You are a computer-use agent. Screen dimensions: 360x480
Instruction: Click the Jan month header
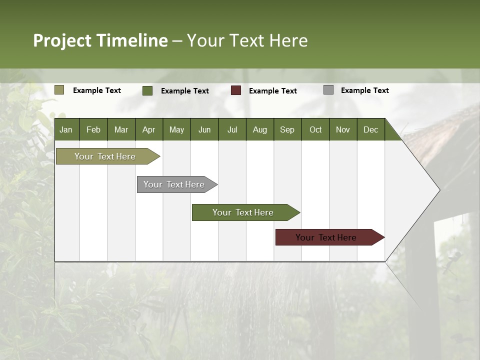coord(66,129)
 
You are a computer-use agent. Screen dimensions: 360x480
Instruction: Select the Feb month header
coord(93,129)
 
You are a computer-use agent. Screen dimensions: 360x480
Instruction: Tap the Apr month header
coord(148,129)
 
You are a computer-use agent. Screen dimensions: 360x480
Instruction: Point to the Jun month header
coord(204,129)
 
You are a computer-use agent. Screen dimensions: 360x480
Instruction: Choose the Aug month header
coord(259,129)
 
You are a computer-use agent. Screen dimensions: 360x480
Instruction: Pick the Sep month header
coord(287,129)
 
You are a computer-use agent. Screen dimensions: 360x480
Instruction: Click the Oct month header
coord(315,129)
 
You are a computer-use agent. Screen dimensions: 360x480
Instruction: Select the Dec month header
coord(370,129)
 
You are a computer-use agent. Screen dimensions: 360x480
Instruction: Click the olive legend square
coord(59,90)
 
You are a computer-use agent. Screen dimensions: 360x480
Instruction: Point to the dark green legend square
coord(147,90)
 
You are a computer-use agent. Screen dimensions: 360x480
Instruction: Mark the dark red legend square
coord(236,90)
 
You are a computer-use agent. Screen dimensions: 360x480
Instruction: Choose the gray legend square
coord(328,90)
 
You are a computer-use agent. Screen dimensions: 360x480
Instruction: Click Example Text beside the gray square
coord(364,90)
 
